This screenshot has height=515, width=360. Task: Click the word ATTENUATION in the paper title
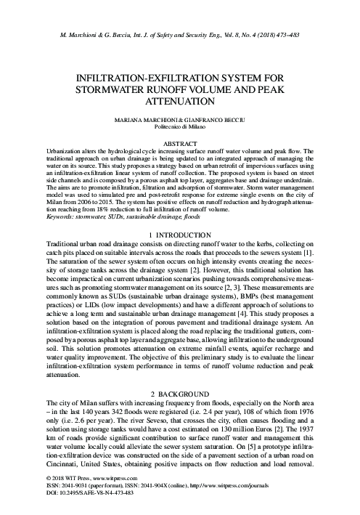[180, 102]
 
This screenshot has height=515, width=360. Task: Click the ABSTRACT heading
[180, 143]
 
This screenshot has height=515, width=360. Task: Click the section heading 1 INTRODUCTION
[180, 235]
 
